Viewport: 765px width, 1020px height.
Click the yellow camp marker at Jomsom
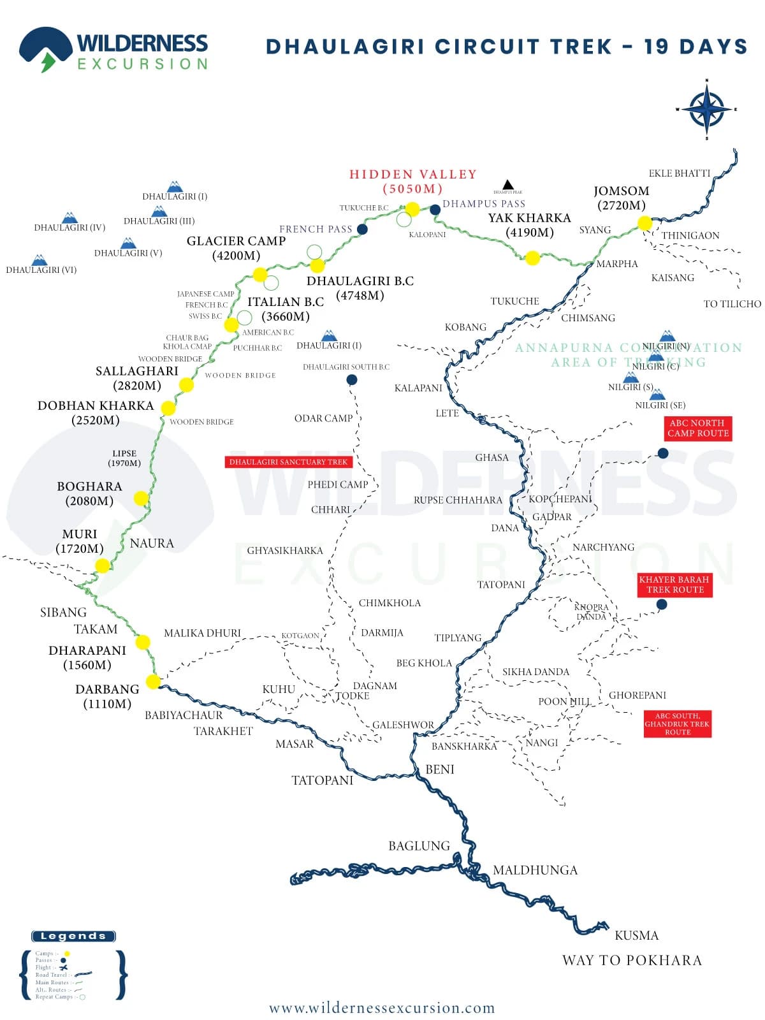tap(645, 223)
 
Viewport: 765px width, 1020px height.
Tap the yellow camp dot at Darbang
tap(153, 681)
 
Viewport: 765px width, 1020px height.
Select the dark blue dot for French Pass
tap(362, 229)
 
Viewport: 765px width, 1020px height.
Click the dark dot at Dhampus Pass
tap(435, 210)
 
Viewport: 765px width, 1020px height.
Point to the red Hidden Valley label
tap(412, 181)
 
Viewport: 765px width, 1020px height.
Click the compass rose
tap(706, 110)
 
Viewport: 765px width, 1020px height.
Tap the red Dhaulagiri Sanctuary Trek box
tap(288, 462)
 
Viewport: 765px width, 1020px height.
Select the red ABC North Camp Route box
tap(697, 428)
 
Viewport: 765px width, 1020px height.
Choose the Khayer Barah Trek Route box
tap(674, 585)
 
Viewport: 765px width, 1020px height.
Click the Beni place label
tap(440, 769)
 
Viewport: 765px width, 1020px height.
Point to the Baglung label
tap(419, 846)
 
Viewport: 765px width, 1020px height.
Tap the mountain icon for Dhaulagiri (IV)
tap(69, 218)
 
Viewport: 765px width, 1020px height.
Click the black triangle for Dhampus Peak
tap(507, 184)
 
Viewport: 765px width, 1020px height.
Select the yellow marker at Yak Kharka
tap(532, 258)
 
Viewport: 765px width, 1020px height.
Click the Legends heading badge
tap(73, 936)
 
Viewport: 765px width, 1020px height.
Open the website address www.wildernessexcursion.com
tap(382, 1008)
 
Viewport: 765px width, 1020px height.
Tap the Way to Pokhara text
tap(631, 960)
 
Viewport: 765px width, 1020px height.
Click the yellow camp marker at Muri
tap(102, 565)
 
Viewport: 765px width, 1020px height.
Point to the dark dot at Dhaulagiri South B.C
tap(351, 380)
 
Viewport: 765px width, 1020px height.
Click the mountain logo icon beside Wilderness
tap(45, 48)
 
